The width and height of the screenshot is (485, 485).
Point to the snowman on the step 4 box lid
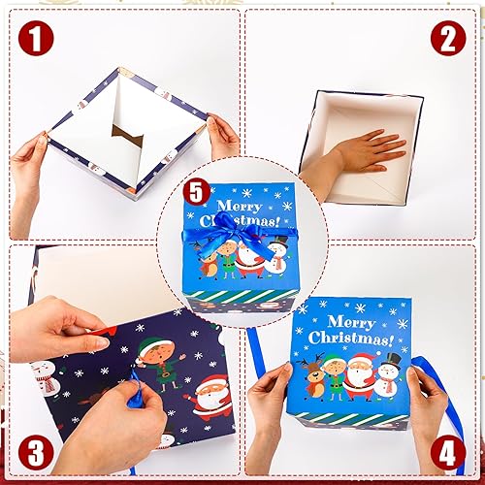point(388,373)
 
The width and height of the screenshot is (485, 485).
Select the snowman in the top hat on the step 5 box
point(278,256)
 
